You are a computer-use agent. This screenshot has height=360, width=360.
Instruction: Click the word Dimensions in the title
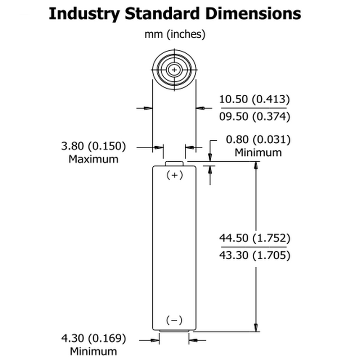click(x=253, y=13)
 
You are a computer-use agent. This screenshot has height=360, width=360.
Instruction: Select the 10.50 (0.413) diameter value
click(x=255, y=99)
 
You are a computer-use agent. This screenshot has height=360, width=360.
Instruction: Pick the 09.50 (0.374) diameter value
click(x=255, y=116)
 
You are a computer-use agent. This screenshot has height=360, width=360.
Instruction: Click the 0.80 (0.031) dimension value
click(x=258, y=140)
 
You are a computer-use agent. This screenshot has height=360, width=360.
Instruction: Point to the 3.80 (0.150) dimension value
click(x=94, y=146)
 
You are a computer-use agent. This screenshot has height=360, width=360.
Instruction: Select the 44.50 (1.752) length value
click(x=255, y=238)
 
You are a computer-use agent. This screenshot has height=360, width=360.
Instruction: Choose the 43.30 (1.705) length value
click(x=255, y=255)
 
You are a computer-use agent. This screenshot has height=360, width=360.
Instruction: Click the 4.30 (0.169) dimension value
click(x=94, y=338)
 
